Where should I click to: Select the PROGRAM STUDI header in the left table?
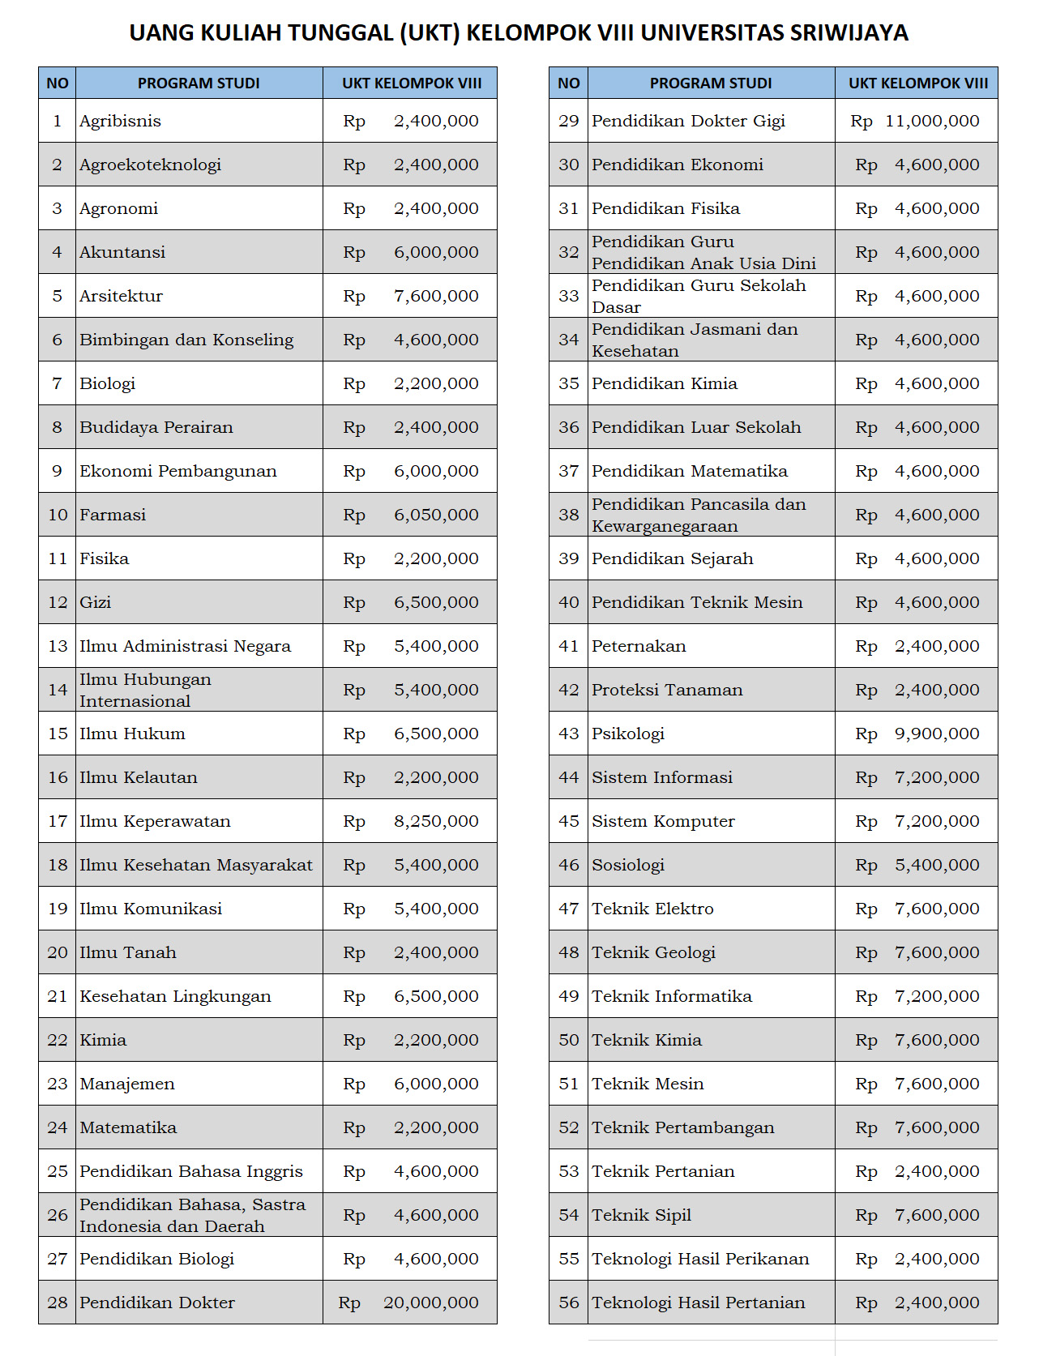point(199,83)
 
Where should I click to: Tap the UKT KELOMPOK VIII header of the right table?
point(917,83)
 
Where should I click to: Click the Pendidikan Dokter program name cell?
point(157,1303)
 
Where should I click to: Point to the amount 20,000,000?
point(430,1303)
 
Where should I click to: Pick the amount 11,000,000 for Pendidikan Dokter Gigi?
point(932,122)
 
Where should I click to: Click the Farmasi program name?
point(113,515)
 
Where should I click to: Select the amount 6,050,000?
point(436,515)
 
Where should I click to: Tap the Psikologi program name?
point(628,734)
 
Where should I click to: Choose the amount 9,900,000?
point(937,734)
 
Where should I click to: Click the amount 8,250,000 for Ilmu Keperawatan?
point(436,821)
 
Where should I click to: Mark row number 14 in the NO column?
point(58,690)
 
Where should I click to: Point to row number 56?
point(569,1303)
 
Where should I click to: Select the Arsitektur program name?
point(121,296)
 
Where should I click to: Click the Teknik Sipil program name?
point(641,1215)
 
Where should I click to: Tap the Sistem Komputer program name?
point(663,821)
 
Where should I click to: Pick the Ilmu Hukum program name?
point(132,734)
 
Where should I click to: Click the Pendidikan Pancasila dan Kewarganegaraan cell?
point(699,515)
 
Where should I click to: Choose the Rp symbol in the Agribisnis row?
point(354,122)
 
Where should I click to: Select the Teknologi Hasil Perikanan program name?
point(700,1259)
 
